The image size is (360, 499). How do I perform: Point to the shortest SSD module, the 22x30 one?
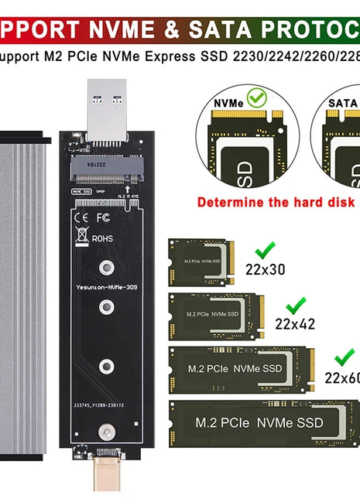coord(201,261)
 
